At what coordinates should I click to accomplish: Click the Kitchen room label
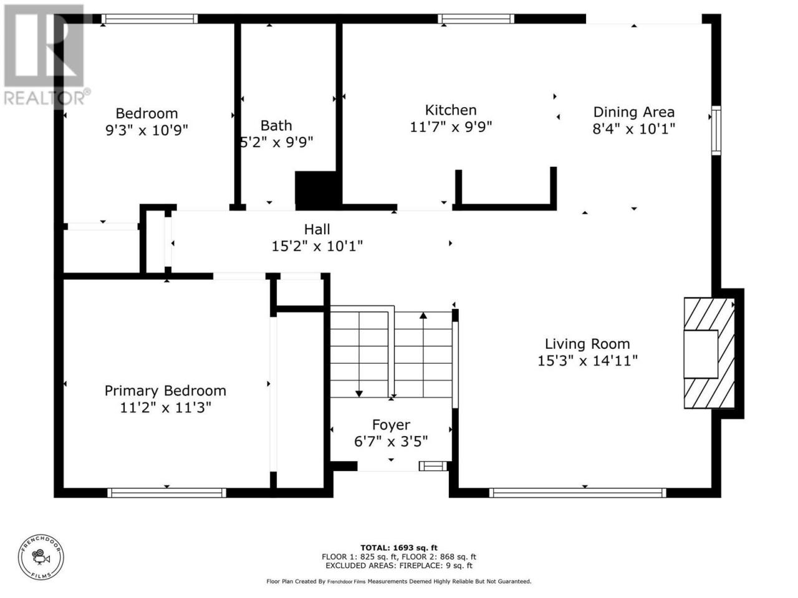pyautogui.click(x=451, y=110)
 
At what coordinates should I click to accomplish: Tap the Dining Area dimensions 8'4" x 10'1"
pyautogui.click(x=633, y=129)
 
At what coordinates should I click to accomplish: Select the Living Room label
pyautogui.click(x=587, y=344)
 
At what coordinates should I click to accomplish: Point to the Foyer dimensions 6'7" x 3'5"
pyautogui.click(x=391, y=442)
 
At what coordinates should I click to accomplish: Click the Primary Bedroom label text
pyautogui.click(x=165, y=391)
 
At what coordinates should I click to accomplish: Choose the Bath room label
pyautogui.click(x=276, y=126)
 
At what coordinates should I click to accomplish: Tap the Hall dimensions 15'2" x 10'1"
pyautogui.click(x=317, y=247)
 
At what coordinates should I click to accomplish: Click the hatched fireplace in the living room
pyautogui.click(x=709, y=353)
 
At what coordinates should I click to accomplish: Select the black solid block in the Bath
pyautogui.click(x=318, y=190)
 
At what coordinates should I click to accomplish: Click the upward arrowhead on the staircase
pyautogui.click(x=423, y=315)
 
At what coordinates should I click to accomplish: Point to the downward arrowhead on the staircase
pyautogui.click(x=359, y=394)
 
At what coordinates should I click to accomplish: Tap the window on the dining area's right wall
pyautogui.click(x=716, y=130)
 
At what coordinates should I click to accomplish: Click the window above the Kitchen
pyautogui.click(x=476, y=19)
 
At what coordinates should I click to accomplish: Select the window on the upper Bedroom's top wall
pyautogui.click(x=150, y=19)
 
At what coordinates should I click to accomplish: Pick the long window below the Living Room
pyautogui.click(x=577, y=493)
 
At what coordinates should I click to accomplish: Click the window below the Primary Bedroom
pyautogui.click(x=167, y=493)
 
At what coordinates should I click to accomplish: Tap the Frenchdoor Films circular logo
pyautogui.click(x=41, y=558)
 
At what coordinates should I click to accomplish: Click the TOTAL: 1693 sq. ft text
pyautogui.click(x=399, y=548)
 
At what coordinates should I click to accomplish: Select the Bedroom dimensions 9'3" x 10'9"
pyautogui.click(x=147, y=130)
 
